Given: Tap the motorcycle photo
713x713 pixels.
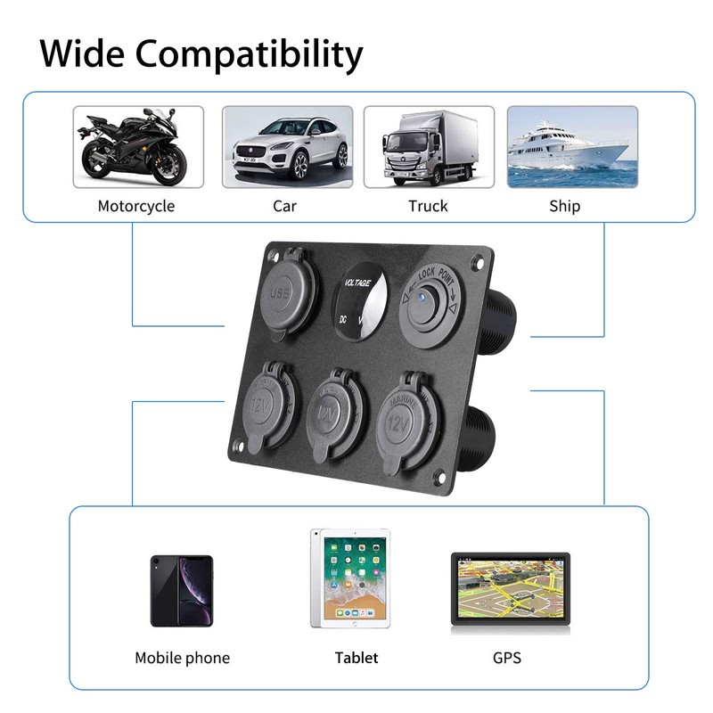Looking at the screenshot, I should [137, 147].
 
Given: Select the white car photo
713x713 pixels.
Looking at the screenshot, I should [287, 147].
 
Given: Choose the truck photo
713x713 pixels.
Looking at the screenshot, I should [429, 147].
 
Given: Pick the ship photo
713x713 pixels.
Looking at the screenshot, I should [572, 147].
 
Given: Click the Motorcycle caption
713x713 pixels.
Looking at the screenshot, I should [136, 206].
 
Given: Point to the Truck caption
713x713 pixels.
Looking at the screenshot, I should [428, 206].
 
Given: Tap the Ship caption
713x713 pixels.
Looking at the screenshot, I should [565, 206].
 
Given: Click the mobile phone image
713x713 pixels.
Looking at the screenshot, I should [182, 590].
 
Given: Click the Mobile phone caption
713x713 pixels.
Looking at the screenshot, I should [182, 658].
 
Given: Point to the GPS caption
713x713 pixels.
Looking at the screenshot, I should [506, 658].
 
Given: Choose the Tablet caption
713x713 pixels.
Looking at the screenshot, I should [356, 658].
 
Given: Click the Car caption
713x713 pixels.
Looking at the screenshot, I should [284, 206].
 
